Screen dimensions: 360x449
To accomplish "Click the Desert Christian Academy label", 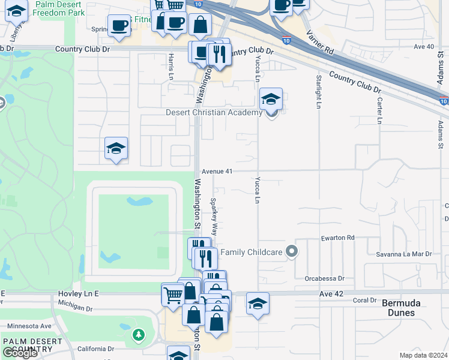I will (x=214, y=112).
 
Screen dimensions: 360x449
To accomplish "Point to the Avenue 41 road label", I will (x=217, y=171).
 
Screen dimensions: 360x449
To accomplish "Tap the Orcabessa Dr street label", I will (x=324, y=278).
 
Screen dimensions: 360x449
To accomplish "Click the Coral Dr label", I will (x=364, y=300).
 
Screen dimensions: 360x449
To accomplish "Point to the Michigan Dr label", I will (x=71, y=308).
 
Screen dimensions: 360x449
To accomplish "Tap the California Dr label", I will (x=95, y=349).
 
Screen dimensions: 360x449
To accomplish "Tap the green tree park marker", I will (x=139, y=334).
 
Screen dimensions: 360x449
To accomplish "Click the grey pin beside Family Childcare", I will (x=292, y=251).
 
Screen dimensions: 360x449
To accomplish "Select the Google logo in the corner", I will (x=20, y=353).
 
